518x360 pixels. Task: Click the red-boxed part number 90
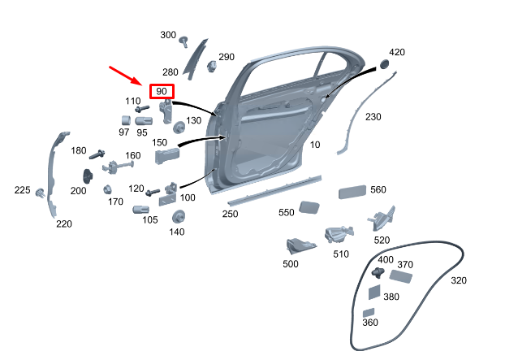[x=162, y=91]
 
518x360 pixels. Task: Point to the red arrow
[x=126, y=76]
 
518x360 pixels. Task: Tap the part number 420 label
[x=397, y=52]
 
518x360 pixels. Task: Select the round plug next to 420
[x=384, y=64]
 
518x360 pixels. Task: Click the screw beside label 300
[x=183, y=41]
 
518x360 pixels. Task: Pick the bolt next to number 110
[x=142, y=108]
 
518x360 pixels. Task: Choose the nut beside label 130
[x=179, y=128]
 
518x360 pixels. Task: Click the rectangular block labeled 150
[x=167, y=156]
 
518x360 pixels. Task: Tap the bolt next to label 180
[x=97, y=154]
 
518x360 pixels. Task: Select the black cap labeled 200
[x=88, y=176]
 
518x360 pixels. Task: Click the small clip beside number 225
[x=41, y=193]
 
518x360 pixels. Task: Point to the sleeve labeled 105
[x=140, y=210]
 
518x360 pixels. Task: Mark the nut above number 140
[x=179, y=216]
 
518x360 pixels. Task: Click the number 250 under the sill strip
[x=230, y=214]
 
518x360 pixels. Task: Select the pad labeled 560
[x=352, y=192]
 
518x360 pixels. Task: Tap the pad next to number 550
[x=309, y=207]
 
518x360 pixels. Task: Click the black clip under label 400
[x=378, y=273]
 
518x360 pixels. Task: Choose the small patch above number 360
[x=369, y=313]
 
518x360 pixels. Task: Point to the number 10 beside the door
[x=315, y=145]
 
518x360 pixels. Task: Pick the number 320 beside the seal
[x=459, y=280]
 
